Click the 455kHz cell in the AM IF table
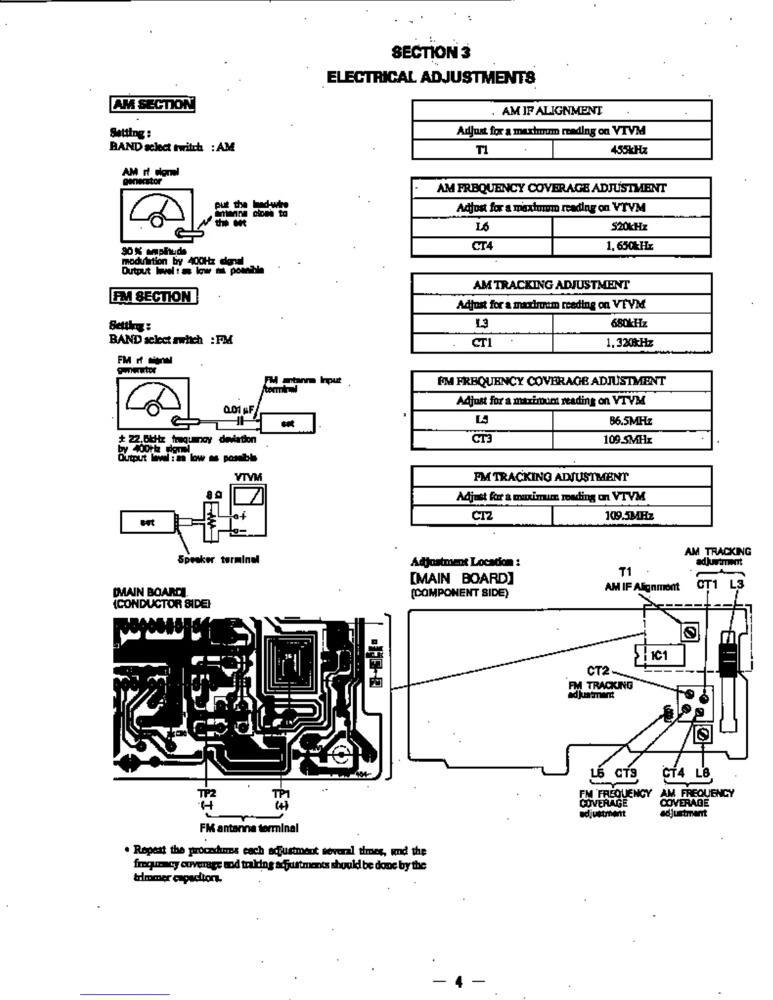pyautogui.click(x=632, y=150)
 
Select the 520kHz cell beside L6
pyautogui.click(x=632, y=227)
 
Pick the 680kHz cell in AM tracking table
pyautogui.click(x=632, y=323)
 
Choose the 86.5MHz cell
pyautogui.click(x=632, y=420)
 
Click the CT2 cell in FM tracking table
pyautogui.click(x=482, y=516)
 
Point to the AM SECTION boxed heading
pyautogui.click(x=152, y=104)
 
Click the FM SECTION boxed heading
pyautogui.click(x=153, y=296)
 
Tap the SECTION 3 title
pyautogui.click(x=431, y=52)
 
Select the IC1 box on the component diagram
pyautogui.click(x=659, y=655)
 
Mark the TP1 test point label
pyautogui.click(x=281, y=794)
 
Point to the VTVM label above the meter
pyautogui.click(x=248, y=477)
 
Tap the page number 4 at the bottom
pyautogui.click(x=458, y=981)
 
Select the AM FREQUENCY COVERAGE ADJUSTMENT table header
pyautogui.click(x=561, y=188)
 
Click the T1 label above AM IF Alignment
pyautogui.click(x=625, y=572)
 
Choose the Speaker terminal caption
pyautogui.click(x=219, y=559)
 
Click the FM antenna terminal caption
pyautogui.click(x=249, y=828)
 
